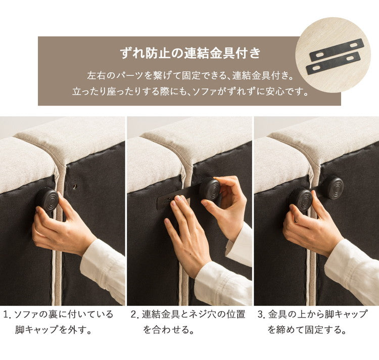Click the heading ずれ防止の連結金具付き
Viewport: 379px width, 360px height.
click(x=189, y=52)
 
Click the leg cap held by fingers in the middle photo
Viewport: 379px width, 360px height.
click(x=209, y=190)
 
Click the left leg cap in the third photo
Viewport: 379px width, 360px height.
click(x=301, y=199)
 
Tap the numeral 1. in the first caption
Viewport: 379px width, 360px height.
click(x=7, y=315)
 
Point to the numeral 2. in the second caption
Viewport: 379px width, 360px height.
click(x=134, y=315)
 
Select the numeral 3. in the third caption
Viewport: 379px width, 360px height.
click(x=261, y=315)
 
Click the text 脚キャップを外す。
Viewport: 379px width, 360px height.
click(x=53, y=331)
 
